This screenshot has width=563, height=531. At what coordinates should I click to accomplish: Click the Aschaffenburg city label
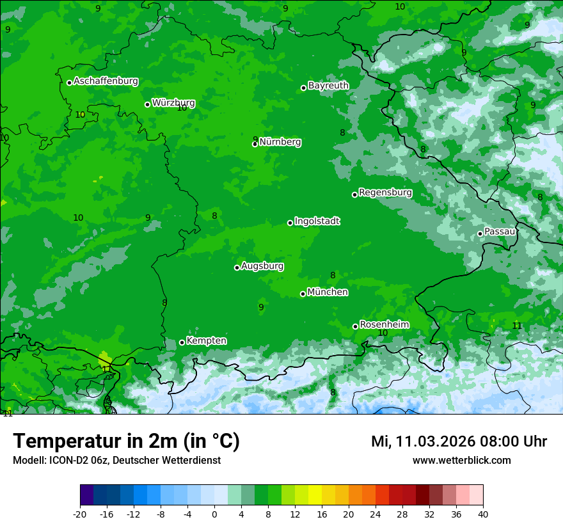pos(106,81)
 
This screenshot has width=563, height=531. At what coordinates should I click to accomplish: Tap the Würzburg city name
pos(173,103)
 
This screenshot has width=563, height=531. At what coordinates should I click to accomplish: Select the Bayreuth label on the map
pos(328,86)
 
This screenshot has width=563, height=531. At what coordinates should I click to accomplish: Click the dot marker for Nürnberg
pos(255,144)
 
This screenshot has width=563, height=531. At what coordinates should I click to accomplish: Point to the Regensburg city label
pos(385,193)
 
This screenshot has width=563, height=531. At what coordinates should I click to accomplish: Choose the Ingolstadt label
pos(317,221)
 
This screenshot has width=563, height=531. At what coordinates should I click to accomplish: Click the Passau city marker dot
pos(480,234)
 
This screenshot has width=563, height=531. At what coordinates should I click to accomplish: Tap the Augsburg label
pos(262,266)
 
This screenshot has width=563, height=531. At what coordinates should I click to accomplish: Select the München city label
pos(328,292)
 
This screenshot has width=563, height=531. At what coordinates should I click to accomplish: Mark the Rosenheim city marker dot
pos(355,326)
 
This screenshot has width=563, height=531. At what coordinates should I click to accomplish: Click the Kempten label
pos(206,341)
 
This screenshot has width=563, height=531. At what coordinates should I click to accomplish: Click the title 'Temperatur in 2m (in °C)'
pos(126,441)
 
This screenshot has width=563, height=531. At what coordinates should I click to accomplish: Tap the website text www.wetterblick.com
pos(461,461)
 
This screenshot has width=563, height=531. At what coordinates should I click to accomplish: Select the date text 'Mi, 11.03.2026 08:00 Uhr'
pos(459,441)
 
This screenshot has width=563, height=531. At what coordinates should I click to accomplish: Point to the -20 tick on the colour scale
pos(80,514)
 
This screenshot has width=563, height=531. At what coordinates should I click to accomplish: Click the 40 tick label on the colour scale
pos(483,514)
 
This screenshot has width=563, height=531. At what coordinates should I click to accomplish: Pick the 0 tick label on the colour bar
pos(214,514)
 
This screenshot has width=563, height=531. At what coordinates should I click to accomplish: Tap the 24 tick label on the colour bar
pos(376,514)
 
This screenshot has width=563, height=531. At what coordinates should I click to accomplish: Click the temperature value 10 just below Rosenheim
pos(383,333)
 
